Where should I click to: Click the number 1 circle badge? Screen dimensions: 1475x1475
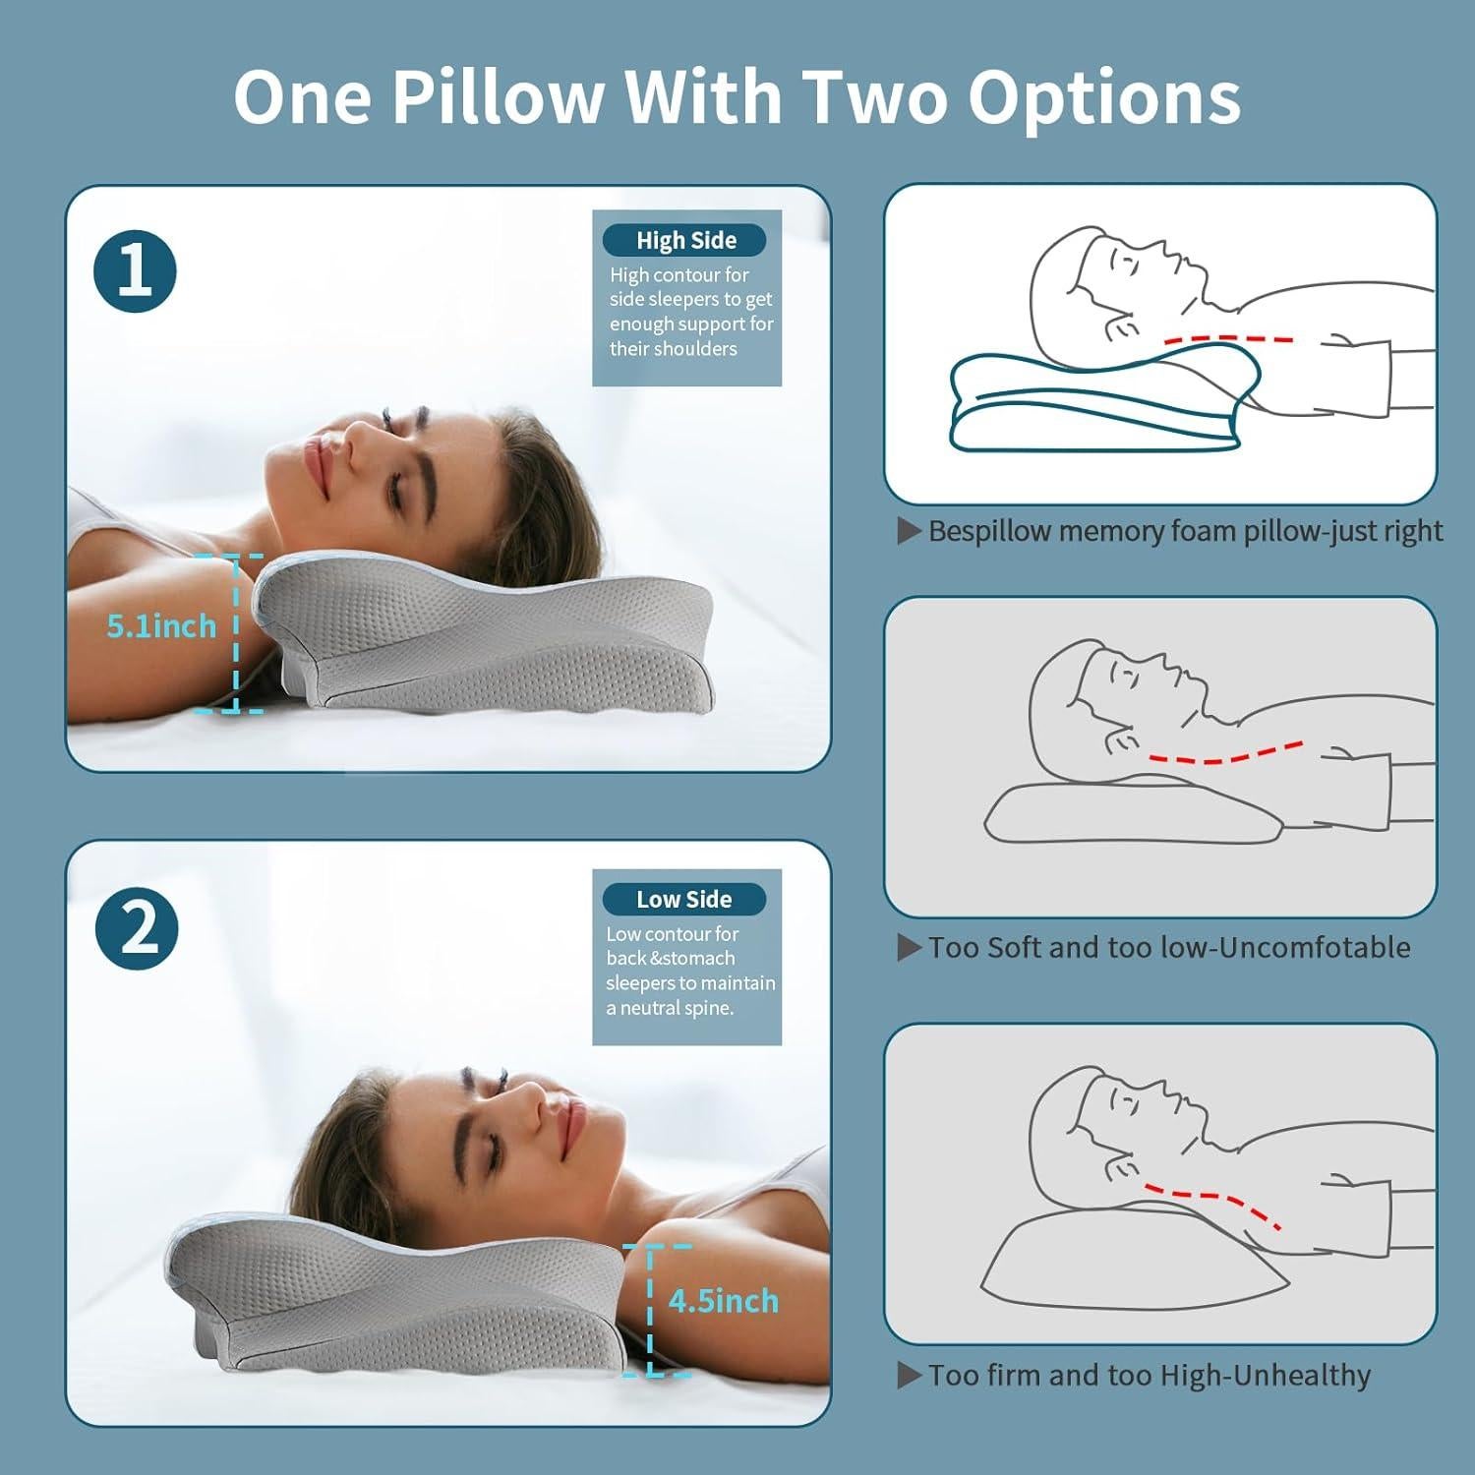click(135, 271)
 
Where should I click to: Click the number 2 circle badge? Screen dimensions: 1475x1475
click(137, 928)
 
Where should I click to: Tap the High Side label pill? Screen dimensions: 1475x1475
click(684, 240)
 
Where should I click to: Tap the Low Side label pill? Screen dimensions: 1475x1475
click(683, 899)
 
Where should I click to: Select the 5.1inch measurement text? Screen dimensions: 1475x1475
click(161, 626)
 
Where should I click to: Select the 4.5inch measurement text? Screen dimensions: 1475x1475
click(723, 1301)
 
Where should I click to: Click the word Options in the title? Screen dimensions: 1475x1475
click(1103, 97)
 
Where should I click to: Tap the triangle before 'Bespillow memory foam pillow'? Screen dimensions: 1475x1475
click(909, 531)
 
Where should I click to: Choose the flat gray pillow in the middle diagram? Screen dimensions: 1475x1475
click(1131, 814)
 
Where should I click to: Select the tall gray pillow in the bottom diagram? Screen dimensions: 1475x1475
click(1131, 1264)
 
